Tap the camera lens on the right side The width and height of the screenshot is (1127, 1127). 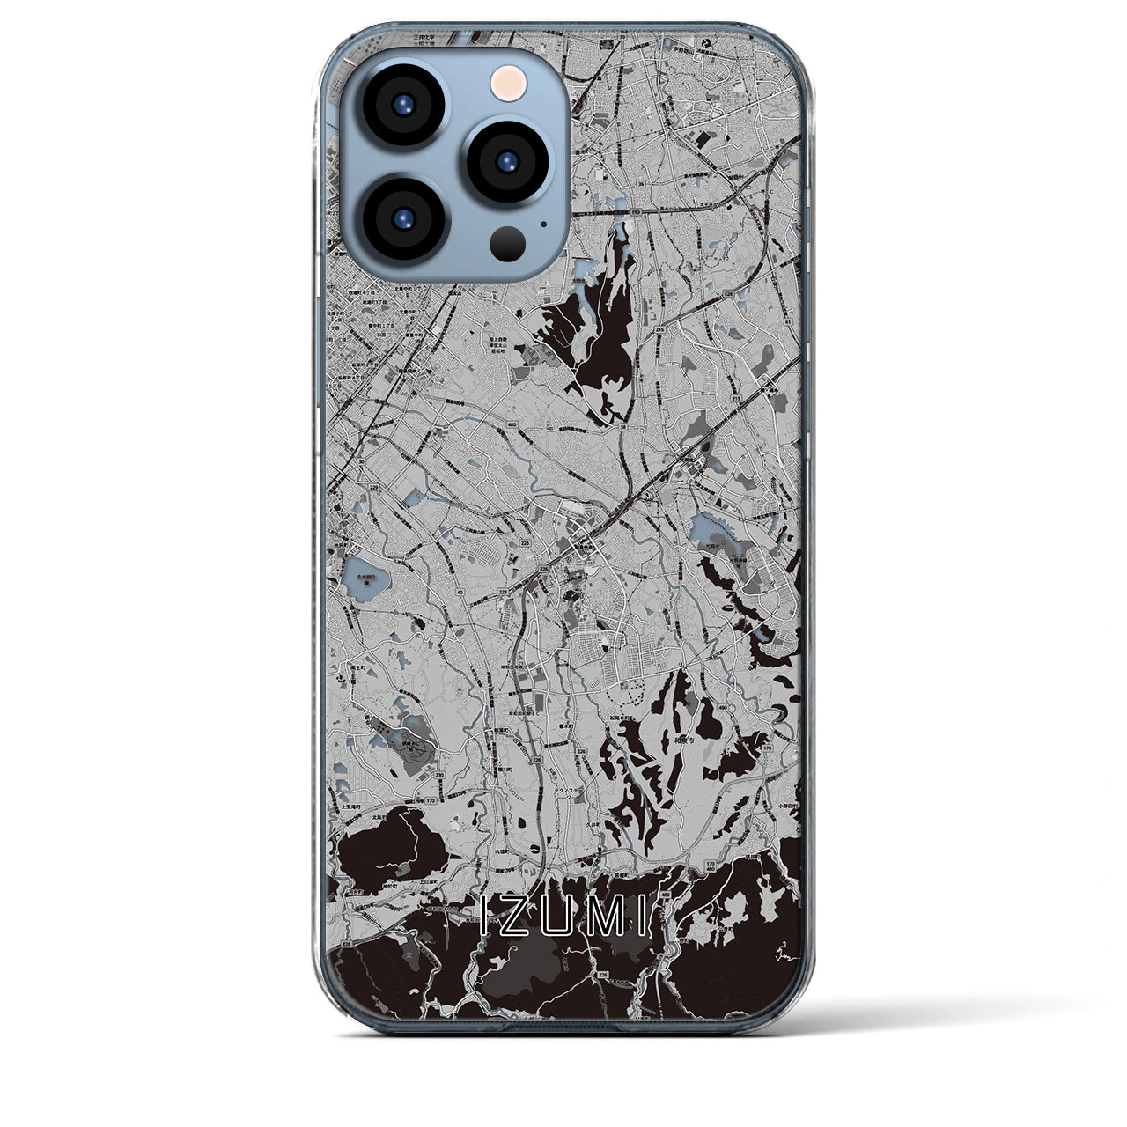click(x=507, y=161)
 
